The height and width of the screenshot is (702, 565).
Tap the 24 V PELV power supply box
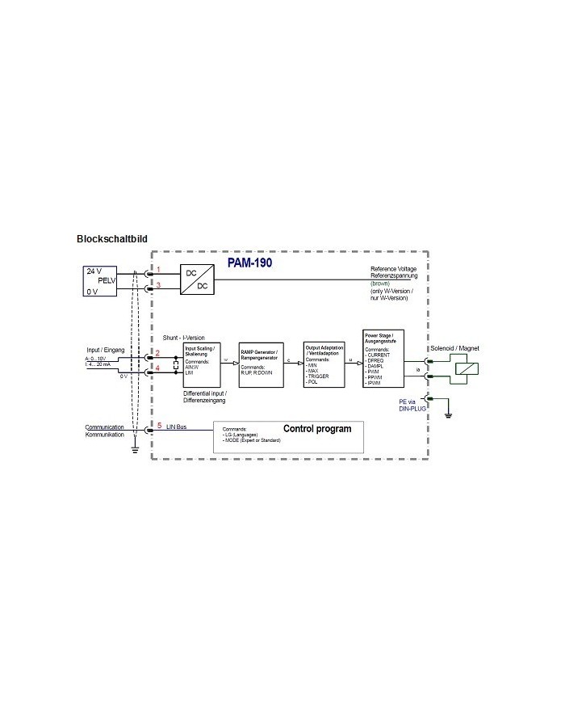tap(101, 280)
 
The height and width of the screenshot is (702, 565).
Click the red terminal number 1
tap(159, 268)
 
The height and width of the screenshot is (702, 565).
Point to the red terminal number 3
tap(159, 285)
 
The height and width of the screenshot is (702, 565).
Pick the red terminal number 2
tap(159, 353)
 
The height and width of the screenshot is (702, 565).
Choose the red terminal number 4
tap(159, 368)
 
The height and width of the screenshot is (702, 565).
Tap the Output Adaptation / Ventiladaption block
tap(324, 364)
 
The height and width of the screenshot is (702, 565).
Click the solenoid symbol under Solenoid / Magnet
tap(467, 368)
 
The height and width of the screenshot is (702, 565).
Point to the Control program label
tap(317, 428)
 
